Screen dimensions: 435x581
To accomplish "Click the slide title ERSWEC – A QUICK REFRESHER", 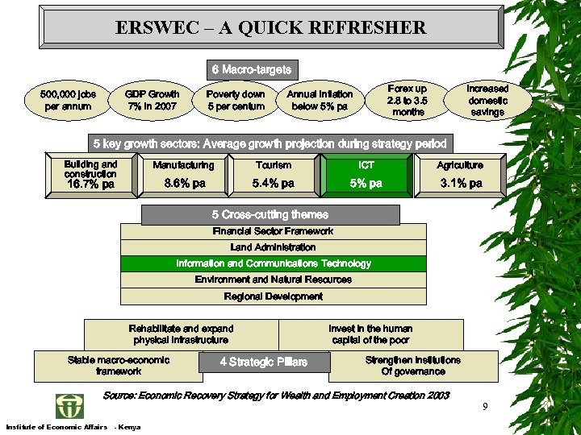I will click(x=270, y=28).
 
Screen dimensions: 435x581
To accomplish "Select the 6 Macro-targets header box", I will click(x=251, y=70).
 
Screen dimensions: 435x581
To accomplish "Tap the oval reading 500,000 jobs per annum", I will click(x=68, y=101).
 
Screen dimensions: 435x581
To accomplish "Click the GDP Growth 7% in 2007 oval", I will click(x=152, y=101).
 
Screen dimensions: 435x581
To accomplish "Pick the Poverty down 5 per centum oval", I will click(x=236, y=101).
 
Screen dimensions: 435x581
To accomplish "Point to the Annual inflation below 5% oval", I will click(x=320, y=101).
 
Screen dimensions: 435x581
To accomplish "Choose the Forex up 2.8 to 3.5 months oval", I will click(x=408, y=100).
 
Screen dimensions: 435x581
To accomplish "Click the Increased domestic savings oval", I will click(x=487, y=100).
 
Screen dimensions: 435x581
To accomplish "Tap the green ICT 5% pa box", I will click(x=366, y=176).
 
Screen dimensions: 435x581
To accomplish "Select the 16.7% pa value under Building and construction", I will click(x=90, y=184).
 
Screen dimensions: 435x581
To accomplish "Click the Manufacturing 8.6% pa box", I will click(x=184, y=176).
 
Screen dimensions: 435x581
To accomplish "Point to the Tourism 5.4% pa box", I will click(x=273, y=176).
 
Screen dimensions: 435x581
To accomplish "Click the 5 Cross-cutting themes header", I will click(x=270, y=215).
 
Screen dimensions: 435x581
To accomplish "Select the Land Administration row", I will click(x=273, y=247).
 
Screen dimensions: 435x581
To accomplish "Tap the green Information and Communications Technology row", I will click(x=273, y=263).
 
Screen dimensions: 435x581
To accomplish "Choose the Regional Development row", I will click(x=273, y=296).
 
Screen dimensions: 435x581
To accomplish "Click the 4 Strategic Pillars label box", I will click(x=264, y=362).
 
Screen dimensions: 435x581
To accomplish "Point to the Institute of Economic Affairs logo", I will click(x=69, y=405).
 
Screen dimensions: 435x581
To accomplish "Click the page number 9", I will click(x=485, y=406).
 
